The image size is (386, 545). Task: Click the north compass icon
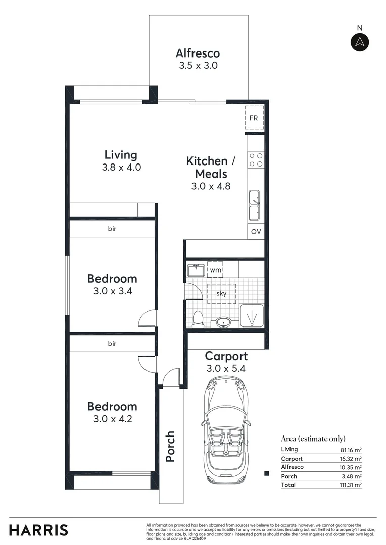click(360, 42)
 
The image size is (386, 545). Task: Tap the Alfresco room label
click(198, 53)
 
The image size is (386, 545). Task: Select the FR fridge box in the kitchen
click(254, 118)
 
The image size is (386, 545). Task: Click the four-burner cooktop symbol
click(255, 160)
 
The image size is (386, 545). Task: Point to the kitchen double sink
click(254, 205)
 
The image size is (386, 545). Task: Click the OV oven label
click(256, 232)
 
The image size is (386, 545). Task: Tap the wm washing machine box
click(215, 269)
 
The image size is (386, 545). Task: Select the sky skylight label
click(221, 293)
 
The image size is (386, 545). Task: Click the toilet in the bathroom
click(198, 319)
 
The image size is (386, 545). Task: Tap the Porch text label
click(171, 446)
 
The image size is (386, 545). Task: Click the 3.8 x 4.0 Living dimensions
click(121, 168)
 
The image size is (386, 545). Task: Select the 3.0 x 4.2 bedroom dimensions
click(112, 419)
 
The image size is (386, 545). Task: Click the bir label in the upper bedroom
click(112, 229)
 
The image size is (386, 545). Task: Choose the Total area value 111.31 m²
click(351, 485)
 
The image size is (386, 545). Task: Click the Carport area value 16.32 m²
click(351, 459)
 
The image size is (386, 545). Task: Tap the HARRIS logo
click(39, 530)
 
